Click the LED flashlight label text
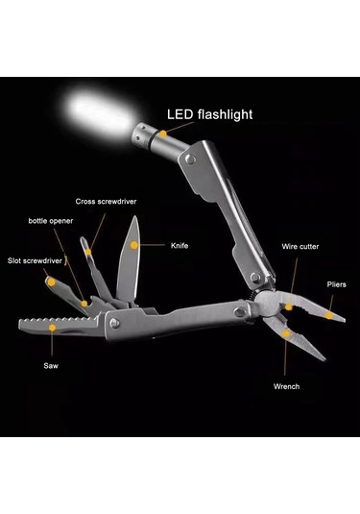[x=210, y=114]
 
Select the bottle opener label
[x=49, y=221]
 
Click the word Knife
[x=180, y=245]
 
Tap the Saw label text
[x=50, y=365]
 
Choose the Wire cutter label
[x=300, y=247]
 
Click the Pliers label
[x=335, y=284]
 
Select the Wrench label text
[x=286, y=386]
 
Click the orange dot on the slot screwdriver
[x=49, y=281]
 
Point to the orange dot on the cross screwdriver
[x=88, y=252]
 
